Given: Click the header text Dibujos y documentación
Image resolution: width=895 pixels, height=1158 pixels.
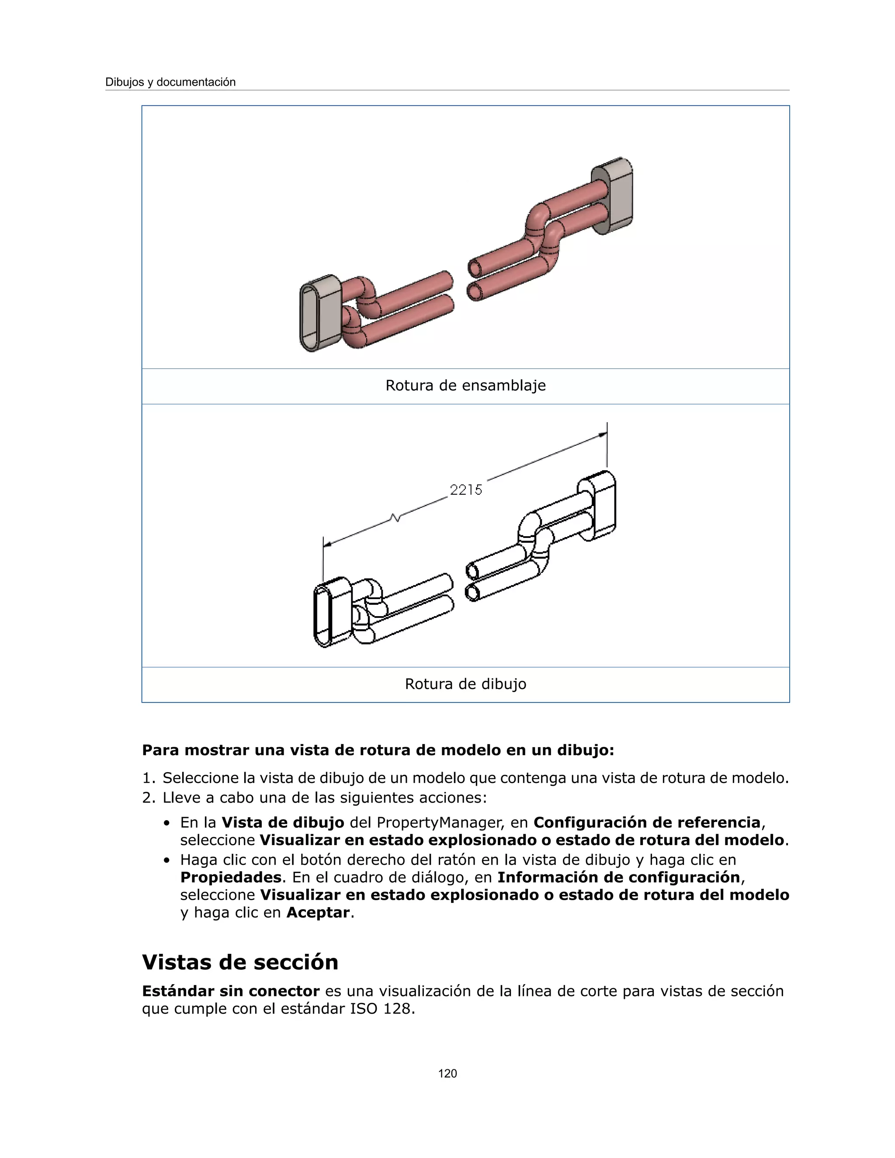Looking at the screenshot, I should [x=170, y=82].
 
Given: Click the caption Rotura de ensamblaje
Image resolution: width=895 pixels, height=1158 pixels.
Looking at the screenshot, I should [x=465, y=385].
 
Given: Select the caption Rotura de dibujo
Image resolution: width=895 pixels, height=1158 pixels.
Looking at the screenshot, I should [x=465, y=684].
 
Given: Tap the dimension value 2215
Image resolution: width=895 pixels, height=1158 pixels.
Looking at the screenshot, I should [x=466, y=490].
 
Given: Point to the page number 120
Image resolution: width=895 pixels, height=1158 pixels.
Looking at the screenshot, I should [x=447, y=1074].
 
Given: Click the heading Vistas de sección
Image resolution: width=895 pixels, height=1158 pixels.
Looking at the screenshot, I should [x=239, y=962].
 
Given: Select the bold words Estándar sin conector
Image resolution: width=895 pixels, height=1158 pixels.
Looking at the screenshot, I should [x=231, y=991].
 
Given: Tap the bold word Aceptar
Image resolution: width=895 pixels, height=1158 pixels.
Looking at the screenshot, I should [x=318, y=912].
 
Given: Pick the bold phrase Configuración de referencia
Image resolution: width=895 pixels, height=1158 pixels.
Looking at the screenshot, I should [x=647, y=822].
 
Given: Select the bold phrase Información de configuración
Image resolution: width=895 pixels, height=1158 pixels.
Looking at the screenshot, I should [x=618, y=877].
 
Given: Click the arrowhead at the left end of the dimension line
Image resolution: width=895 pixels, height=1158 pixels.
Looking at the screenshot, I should [x=328, y=544].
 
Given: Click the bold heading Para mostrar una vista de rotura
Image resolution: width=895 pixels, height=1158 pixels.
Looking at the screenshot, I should [x=378, y=750].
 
